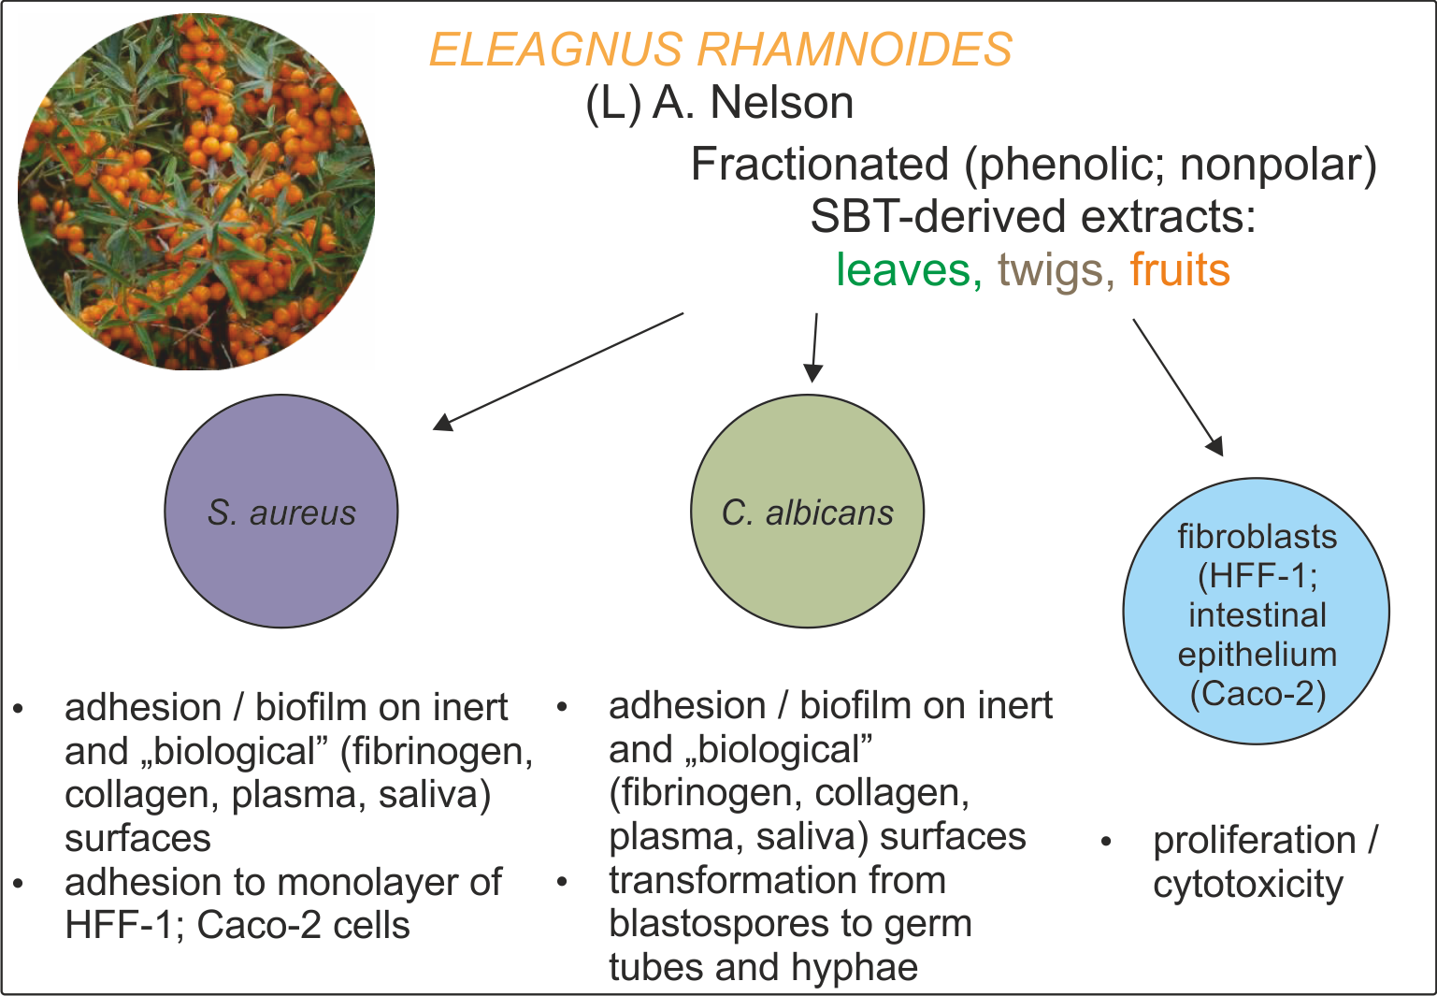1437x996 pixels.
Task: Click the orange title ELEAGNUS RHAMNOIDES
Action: [720, 50]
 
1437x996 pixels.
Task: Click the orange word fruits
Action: [1179, 270]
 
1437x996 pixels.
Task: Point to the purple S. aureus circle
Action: [281, 512]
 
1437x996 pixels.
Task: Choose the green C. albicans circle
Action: [807, 512]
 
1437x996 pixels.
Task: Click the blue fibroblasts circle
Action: [1256, 613]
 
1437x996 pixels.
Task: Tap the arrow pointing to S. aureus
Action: [558, 371]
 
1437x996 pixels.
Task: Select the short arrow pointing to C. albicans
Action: [814, 348]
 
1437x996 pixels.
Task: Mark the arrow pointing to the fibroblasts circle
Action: [1178, 387]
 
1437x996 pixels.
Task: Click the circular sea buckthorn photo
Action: [196, 192]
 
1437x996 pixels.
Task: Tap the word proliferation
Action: [1253, 841]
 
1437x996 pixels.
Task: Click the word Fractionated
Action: [820, 166]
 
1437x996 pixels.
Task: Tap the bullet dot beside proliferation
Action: [1106, 842]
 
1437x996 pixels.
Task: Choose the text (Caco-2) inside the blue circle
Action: [1257, 694]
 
